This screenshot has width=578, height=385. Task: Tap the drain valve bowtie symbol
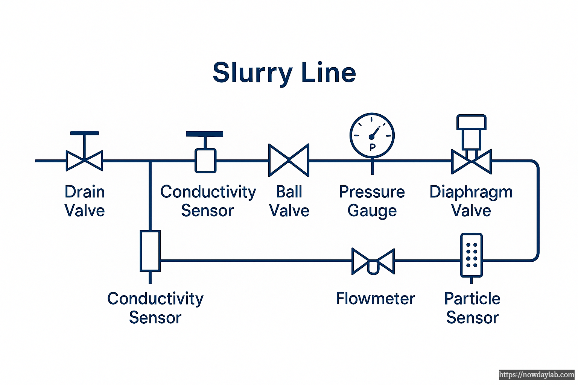pyautogui.click(x=84, y=161)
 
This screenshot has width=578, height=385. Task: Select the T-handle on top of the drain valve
pyautogui.click(x=84, y=133)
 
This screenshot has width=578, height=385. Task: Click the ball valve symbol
pyautogui.click(x=289, y=160)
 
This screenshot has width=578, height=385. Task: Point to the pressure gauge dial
pyautogui.click(x=372, y=135)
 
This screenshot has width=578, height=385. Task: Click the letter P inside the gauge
pyautogui.click(x=372, y=147)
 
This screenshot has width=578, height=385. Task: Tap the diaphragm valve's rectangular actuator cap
pyautogui.click(x=471, y=123)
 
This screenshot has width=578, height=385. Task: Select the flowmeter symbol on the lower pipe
pyautogui.click(x=373, y=261)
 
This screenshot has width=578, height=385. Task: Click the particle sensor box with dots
pyautogui.click(x=472, y=255)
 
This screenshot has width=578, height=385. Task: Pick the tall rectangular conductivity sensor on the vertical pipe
pyautogui.click(x=150, y=251)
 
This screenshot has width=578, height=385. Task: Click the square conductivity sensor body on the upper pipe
pyautogui.click(x=205, y=161)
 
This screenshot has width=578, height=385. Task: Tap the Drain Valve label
pyautogui.click(x=85, y=201)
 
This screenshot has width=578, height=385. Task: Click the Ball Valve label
pyautogui.click(x=289, y=201)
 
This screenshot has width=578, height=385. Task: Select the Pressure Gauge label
pyautogui.click(x=372, y=201)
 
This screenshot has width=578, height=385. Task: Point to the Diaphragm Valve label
pyautogui.click(x=471, y=201)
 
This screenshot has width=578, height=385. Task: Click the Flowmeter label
pyautogui.click(x=375, y=299)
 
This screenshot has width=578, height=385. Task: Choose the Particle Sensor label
pyautogui.click(x=472, y=308)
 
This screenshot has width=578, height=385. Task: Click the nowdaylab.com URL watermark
pyautogui.click(x=537, y=375)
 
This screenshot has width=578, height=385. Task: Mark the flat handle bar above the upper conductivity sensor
pyautogui.click(x=205, y=134)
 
